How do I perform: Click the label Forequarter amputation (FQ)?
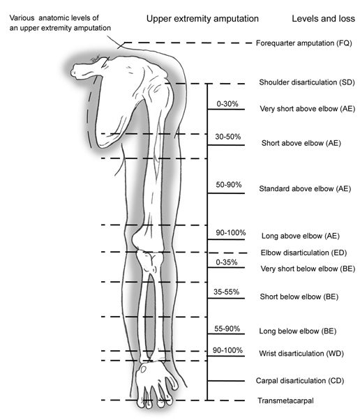pyautogui.click(x=304, y=43)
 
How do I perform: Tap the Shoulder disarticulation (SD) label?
pyautogui.click(x=307, y=82)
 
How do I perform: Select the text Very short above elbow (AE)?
pyautogui.click(x=308, y=109)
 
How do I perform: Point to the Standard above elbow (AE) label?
pyautogui.click(x=305, y=189)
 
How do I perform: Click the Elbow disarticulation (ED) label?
pyautogui.click(x=304, y=253)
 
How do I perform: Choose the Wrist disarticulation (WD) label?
pyautogui.click(x=301, y=354)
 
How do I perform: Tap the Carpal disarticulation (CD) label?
pyautogui.click(x=300, y=381)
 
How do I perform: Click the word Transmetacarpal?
pyautogui.click(x=285, y=400)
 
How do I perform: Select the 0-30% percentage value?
pyautogui.click(x=227, y=104)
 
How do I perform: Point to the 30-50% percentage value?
pyautogui.click(x=228, y=137)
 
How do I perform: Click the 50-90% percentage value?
pyautogui.click(x=229, y=185)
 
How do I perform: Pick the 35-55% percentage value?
pyautogui.click(x=226, y=292)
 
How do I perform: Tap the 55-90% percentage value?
pyautogui.click(x=227, y=329)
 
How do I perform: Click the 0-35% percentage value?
pyautogui.click(x=227, y=262)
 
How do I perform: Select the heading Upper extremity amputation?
pyautogui.click(x=202, y=19)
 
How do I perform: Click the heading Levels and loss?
pyautogui.click(x=323, y=18)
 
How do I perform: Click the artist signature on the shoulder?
pyautogui.click(x=96, y=59)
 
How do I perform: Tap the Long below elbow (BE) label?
pyautogui.click(x=298, y=331)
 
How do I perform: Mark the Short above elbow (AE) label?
pyautogui.click(x=301, y=143)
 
